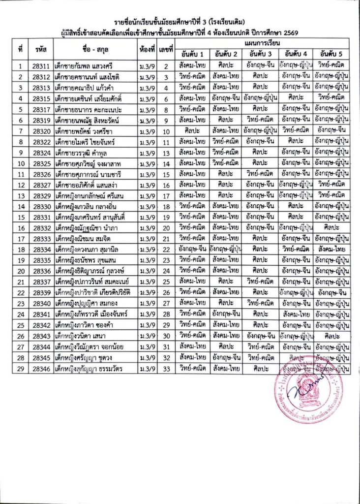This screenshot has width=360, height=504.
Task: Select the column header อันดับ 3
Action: click(261, 54)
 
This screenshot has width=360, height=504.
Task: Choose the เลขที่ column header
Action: click(166, 49)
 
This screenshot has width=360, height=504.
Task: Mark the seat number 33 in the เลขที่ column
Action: click(166, 368)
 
